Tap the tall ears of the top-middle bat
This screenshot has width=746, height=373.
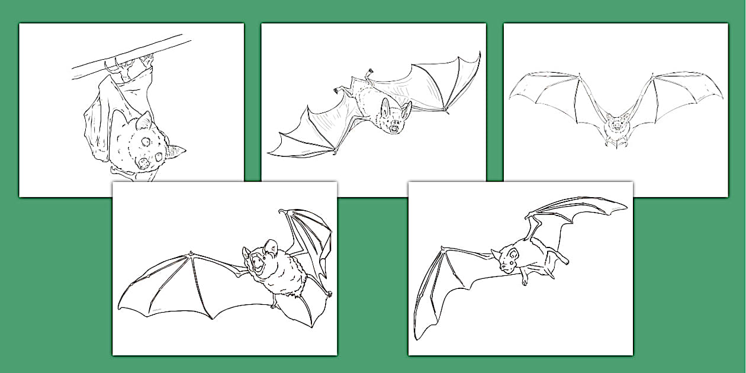click(395, 108)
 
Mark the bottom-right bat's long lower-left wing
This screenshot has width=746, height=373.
click(438, 290)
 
